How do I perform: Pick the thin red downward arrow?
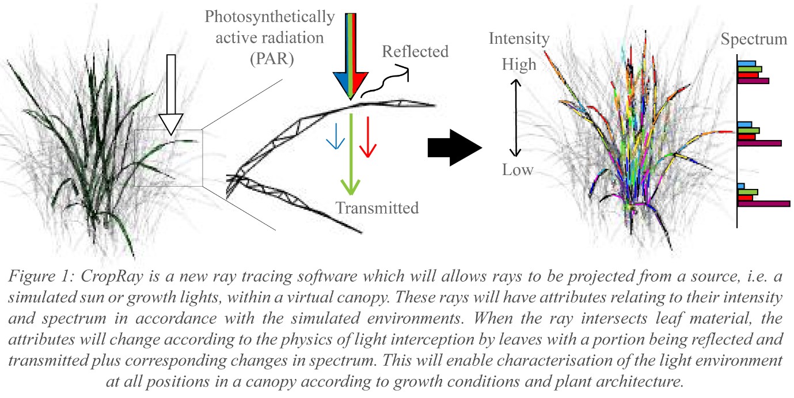click(367, 139)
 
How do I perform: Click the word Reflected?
click(415, 51)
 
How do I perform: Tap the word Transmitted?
click(377, 208)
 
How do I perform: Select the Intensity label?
click(519, 39)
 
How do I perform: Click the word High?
click(518, 64)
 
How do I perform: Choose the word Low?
click(517, 170)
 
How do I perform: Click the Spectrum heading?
click(754, 39)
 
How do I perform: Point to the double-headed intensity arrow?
click(516, 118)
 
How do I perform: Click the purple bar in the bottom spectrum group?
click(763, 203)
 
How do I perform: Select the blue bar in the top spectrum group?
click(746, 63)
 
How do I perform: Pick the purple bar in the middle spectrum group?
click(759, 143)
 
